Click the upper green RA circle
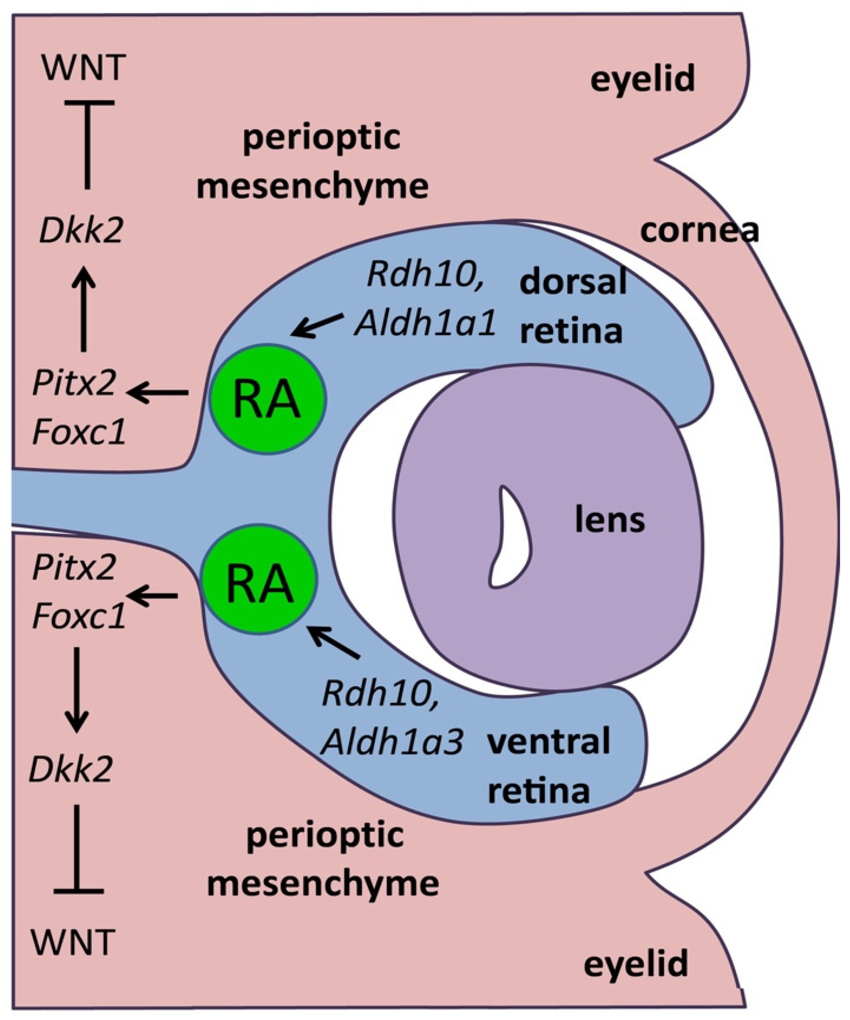tap(268, 399)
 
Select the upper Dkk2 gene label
tap(81, 232)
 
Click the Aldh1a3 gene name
tap(391, 743)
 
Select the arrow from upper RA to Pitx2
tap(158, 392)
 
